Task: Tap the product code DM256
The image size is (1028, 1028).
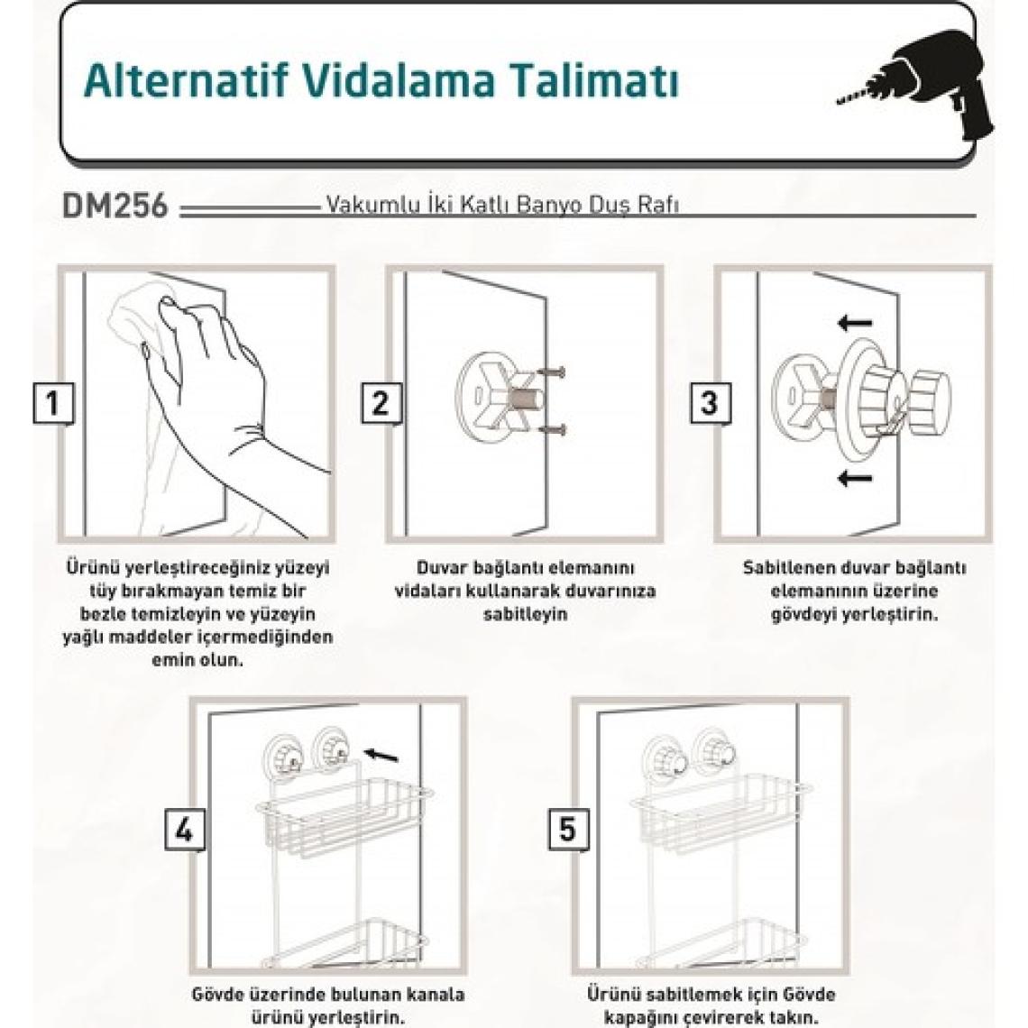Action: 115,206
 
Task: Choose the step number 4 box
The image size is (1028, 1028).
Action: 184,830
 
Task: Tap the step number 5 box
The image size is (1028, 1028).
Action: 568,830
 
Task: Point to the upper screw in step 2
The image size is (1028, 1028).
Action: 551,372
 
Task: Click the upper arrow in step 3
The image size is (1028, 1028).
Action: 855,323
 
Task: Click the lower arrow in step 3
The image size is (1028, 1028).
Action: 855,477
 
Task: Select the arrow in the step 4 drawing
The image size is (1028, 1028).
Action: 381,756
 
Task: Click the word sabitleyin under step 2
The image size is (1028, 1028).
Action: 525,615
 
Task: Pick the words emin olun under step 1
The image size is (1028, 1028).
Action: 197,659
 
